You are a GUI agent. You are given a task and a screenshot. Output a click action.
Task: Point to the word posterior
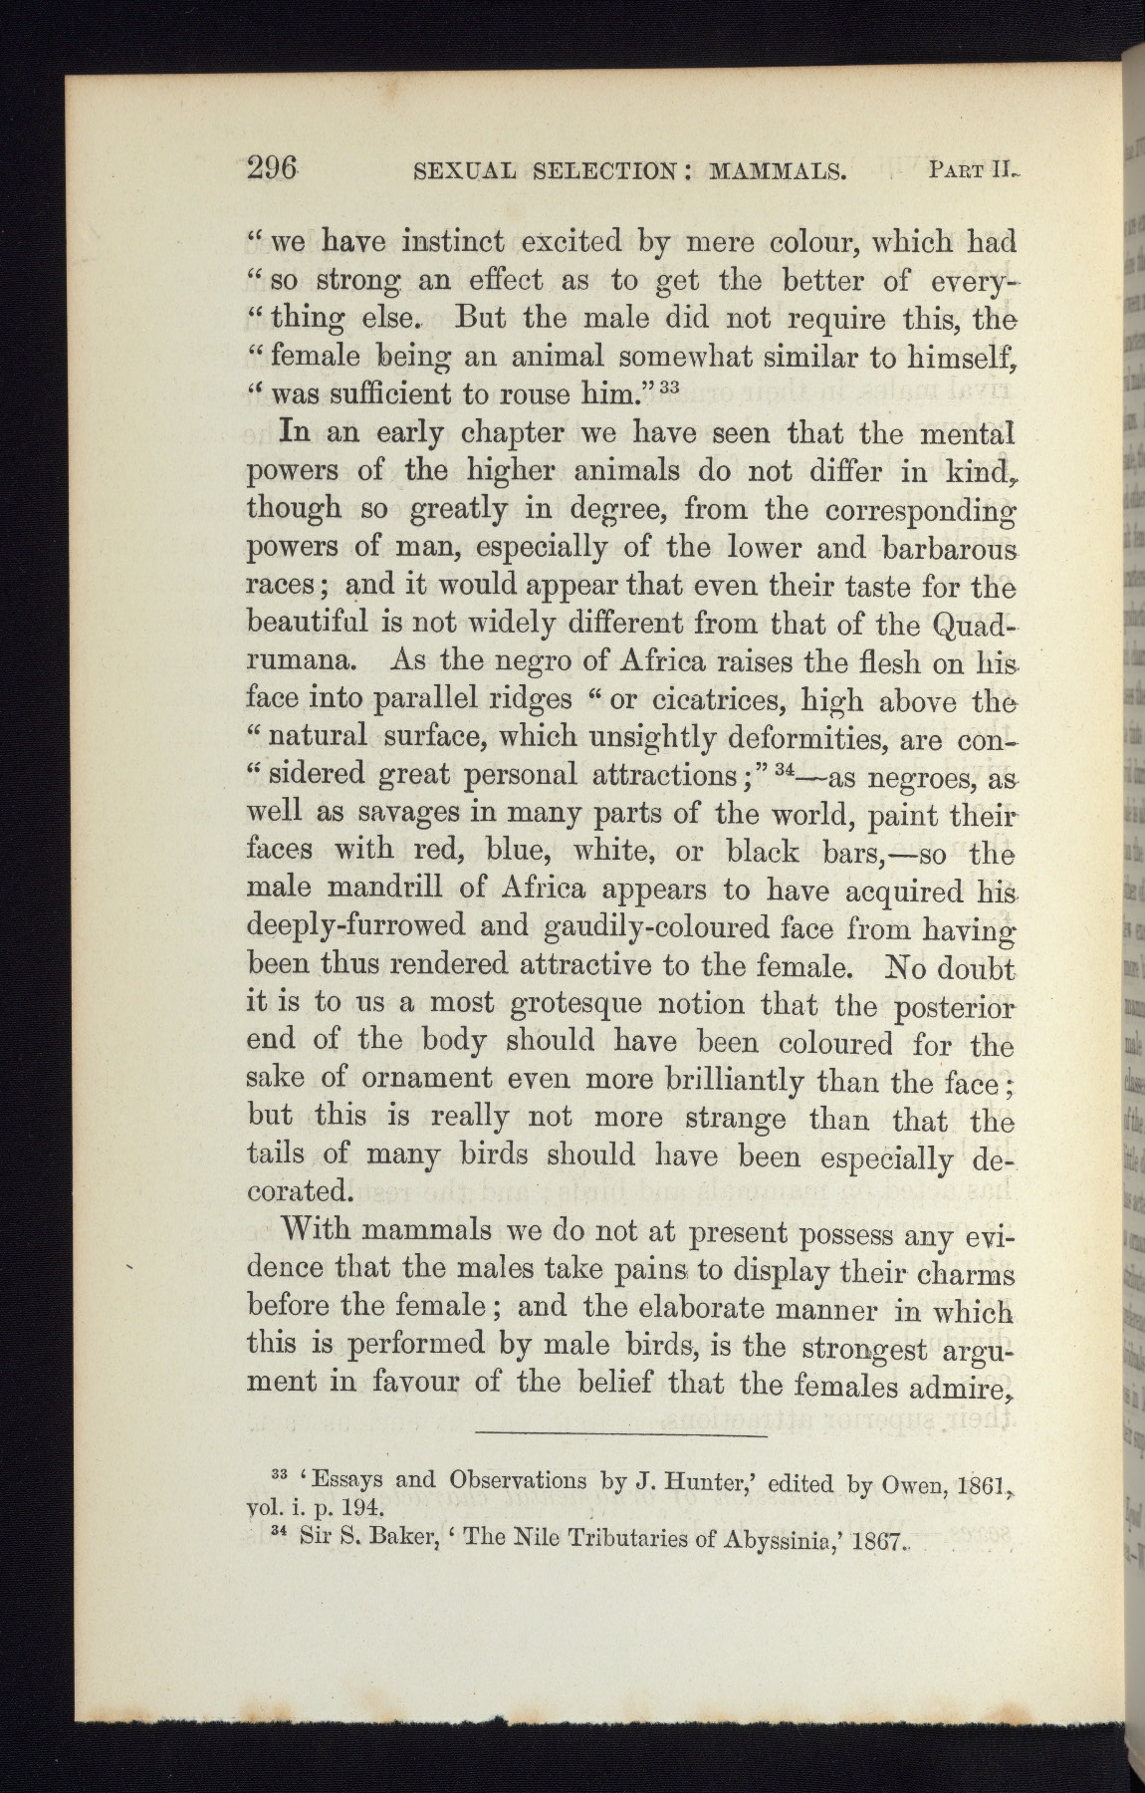click(x=942, y=1007)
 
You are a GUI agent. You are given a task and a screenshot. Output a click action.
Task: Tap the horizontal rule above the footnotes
click(x=621, y=1436)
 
